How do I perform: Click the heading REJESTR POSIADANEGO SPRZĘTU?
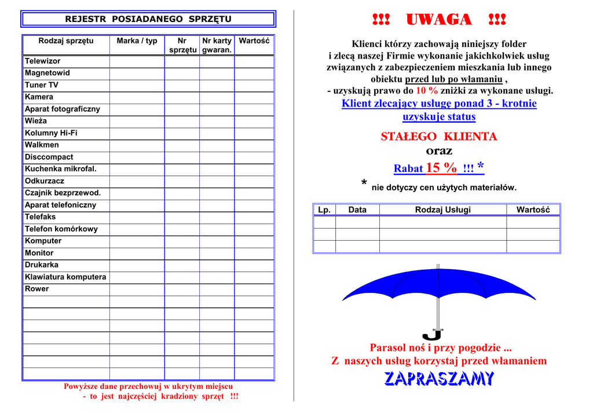click(x=148, y=19)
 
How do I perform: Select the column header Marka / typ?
click(x=137, y=41)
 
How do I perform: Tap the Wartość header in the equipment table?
click(x=254, y=41)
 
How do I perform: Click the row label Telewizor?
click(x=42, y=61)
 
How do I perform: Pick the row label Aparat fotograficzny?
click(x=62, y=109)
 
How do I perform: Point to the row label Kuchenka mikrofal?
click(x=60, y=169)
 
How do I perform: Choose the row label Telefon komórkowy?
click(x=61, y=229)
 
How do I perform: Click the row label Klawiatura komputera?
click(x=65, y=277)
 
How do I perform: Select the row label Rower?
click(x=36, y=289)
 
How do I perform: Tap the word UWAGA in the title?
click(x=439, y=20)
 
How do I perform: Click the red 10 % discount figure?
click(x=427, y=91)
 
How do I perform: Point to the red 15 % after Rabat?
click(x=441, y=168)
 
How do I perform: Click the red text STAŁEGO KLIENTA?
click(x=439, y=137)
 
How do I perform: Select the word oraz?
click(x=439, y=151)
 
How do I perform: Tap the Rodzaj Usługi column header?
click(x=442, y=209)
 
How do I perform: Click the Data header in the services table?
click(x=357, y=209)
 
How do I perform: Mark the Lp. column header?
click(x=324, y=209)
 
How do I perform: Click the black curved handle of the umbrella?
click(x=432, y=335)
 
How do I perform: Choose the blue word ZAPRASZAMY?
click(x=439, y=379)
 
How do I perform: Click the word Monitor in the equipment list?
click(x=39, y=253)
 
